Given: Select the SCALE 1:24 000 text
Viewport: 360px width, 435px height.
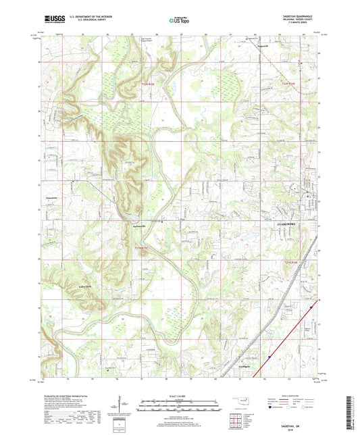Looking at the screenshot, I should pyautogui.click(x=179, y=395).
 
